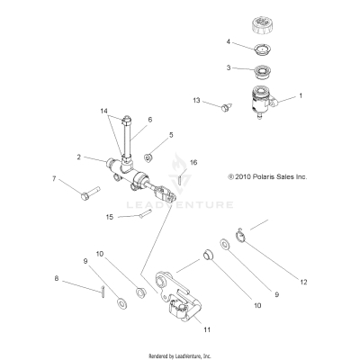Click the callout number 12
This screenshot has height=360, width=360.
303,283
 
